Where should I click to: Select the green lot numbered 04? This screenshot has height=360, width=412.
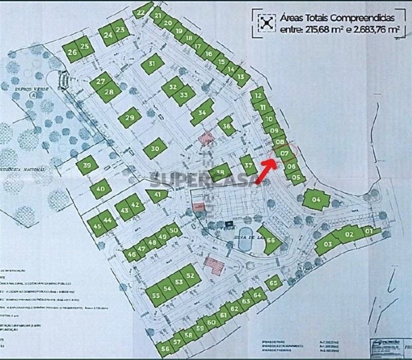coord(316,199)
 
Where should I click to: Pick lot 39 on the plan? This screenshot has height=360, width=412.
coord(87,165)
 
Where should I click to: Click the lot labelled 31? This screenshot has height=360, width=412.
coord(151,64)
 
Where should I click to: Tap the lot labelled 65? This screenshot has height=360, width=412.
coord(274,282)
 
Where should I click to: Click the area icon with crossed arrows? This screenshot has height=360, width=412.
coord(266,22)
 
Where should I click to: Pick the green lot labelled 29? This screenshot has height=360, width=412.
coord(130,118)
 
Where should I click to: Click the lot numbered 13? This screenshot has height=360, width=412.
coord(241,77)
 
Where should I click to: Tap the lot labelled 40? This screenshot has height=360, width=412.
coord(100,189)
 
